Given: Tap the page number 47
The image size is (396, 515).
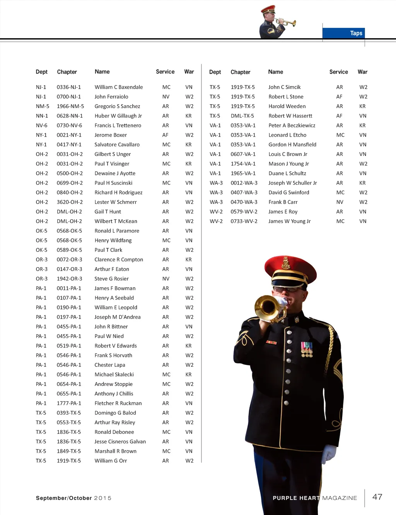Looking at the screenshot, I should click(x=377, y=497).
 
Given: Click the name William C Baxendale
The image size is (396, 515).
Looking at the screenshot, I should click(x=118, y=87).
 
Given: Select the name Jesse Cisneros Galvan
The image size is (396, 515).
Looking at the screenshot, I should click(x=120, y=442).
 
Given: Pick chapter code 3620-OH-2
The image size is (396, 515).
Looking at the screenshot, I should click(x=70, y=202).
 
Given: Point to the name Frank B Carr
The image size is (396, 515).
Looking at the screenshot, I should click(x=283, y=202).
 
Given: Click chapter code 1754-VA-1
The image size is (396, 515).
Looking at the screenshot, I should click(x=243, y=164).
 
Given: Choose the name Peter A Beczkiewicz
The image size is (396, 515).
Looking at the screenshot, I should click(x=292, y=125).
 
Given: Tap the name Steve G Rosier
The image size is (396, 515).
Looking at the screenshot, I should click(x=111, y=279).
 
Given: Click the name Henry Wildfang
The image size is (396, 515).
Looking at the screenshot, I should click(x=113, y=241).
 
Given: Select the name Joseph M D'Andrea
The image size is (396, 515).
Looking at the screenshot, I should click(x=118, y=317).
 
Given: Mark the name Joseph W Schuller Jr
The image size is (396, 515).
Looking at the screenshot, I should click(x=292, y=183).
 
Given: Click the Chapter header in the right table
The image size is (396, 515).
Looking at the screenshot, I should click(x=240, y=72).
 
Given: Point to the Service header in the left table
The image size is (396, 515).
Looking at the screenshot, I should click(x=165, y=72).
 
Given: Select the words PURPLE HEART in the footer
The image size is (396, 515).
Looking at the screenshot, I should click(x=296, y=498).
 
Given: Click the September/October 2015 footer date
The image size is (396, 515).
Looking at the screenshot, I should click(x=73, y=498).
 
